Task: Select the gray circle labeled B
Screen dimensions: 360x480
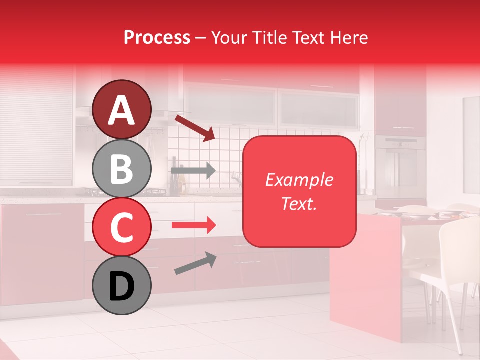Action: (122, 169)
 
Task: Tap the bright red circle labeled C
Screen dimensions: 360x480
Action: (122, 227)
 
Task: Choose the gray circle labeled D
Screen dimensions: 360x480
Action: (122, 285)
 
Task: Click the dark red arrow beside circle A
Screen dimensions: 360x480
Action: (195, 128)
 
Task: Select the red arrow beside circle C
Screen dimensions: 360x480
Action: (193, 225)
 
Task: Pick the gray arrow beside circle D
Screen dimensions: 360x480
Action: (195, 263)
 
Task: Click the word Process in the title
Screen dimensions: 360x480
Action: (157, 38)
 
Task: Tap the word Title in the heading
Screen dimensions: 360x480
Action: (269, 38)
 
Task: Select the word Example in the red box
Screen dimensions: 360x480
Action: (299, 180)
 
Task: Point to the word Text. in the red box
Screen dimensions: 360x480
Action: (299, 203)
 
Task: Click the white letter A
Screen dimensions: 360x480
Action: (122, 110)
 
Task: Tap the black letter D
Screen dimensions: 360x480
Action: (122, 286)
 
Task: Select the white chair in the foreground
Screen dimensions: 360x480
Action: (457, 270)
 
